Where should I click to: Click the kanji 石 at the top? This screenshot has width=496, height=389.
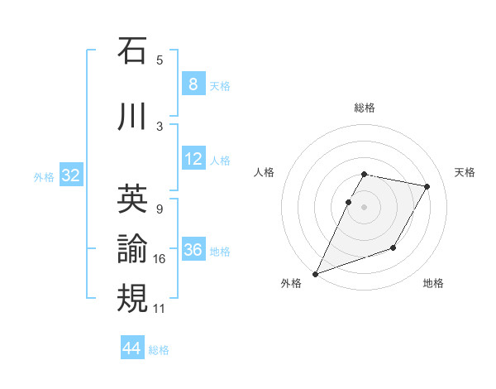pyautogui.click(x=132, y=52)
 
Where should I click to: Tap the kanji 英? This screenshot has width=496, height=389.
pyautogui.click(x=132, y=199)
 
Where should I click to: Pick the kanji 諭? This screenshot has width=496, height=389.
pyautogui.click(x=132, y=248)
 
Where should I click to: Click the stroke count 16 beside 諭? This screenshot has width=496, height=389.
pyautogui.click(x=160, y=259)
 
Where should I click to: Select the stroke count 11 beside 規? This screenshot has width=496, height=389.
pyautogui.click(x=160, y=309)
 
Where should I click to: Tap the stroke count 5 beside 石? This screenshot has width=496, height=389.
pyautogui.click(x=160, y=60)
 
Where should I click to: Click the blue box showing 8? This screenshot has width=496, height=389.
pyautogui.click(x=193, y=84)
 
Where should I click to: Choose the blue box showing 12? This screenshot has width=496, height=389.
pyautogui.click(x=193, y=159)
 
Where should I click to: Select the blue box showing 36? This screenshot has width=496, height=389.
pyautogui.click(x=193, y=250)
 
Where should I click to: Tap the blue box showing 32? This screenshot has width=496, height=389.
pyautogui.click(x=70, y=175)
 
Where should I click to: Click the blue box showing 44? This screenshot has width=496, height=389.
pyautogui.click(x=131, y=348)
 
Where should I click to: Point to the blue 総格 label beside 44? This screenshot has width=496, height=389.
pyautogui.click(x=159, y=350)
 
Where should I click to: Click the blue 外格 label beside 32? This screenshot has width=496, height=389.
pyautogui.click(x=44, y=176)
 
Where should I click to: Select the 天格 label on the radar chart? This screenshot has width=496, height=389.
pyautogui.click(x=465, y=172)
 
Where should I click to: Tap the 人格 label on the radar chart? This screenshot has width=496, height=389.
pyautogui.click(x=264, y=172)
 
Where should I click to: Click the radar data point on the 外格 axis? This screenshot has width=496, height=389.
pyautogui.click(x=316, y=273)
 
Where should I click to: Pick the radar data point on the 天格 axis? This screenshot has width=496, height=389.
pyautogui.click(x=427, y=187)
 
